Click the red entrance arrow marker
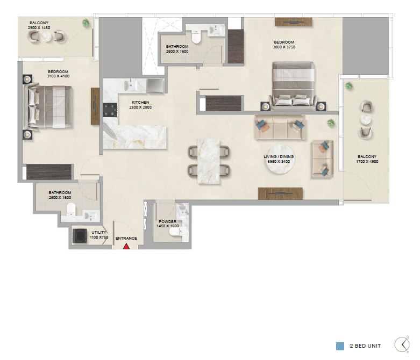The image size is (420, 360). tap(126, 247)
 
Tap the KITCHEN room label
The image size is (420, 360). tap(140, 102)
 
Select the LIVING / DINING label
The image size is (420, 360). tap(279, 156)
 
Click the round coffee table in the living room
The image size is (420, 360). tap(280, 159)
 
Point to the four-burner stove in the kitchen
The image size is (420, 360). tap(110, 110)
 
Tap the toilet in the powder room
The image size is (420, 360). tap(175, 234)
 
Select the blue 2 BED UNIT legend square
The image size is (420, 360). tap(340, 346)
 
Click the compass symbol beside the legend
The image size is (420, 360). tap(402, 344)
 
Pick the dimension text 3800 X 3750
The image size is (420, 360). tap(284, 47)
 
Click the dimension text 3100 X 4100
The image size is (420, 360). tap(58, 76)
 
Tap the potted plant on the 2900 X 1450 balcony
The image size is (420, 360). tap(86, 23)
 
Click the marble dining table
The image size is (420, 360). tap(209, 161)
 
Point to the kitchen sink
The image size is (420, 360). tap(131, 85)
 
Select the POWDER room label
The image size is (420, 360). tap(167, 221)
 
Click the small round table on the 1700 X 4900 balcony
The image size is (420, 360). tap(366, 120)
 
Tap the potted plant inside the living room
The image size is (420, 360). tap(331, 123)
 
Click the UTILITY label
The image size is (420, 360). tap(99, 233)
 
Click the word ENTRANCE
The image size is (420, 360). tap(126, 238)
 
